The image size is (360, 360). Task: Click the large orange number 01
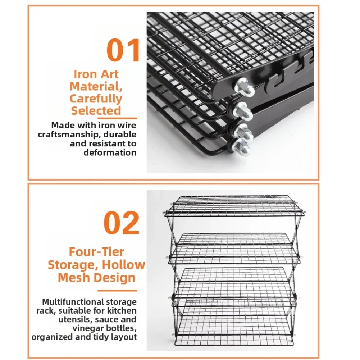tap(123, 50)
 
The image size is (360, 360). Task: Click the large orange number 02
tap(122, 223)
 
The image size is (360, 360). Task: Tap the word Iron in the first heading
tap(85, 74)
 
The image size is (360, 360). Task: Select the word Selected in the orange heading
tap(96, 110)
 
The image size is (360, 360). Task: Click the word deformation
tap(110, 153)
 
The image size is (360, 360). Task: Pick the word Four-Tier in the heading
tap(96, 252)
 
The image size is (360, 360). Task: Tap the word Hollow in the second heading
tap(123, 265)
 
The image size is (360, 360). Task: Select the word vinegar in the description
tap(88, 329)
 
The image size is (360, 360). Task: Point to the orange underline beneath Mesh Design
tap(117, 291)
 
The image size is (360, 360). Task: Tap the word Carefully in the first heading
tap(96, 99)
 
